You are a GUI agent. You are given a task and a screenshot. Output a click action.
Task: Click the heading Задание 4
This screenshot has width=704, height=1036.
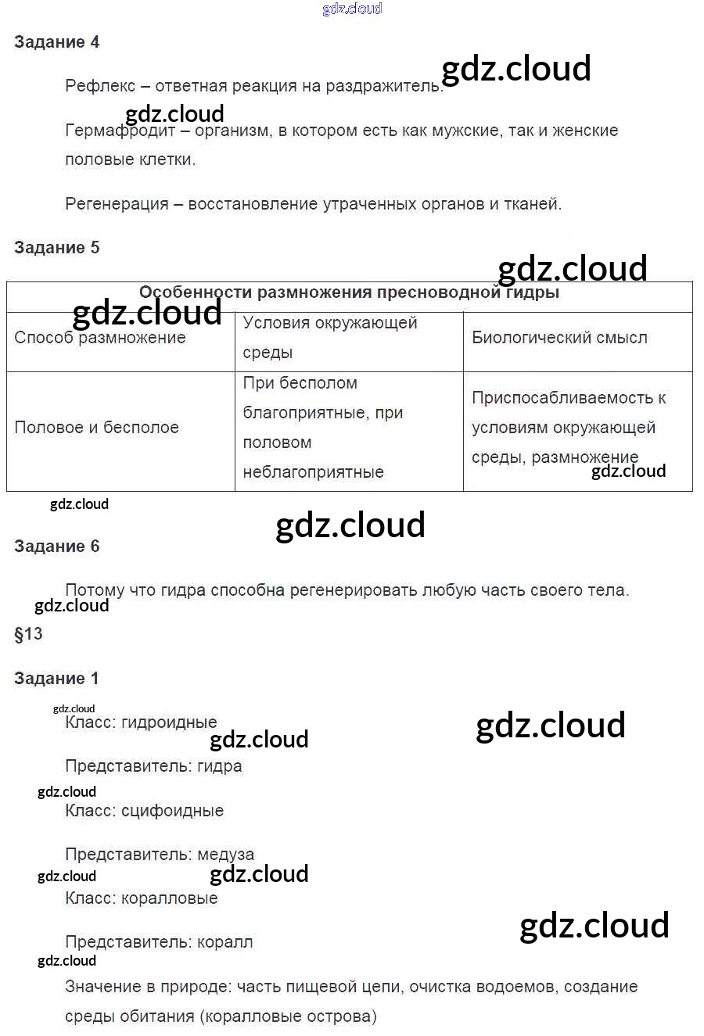[x=56, y=42]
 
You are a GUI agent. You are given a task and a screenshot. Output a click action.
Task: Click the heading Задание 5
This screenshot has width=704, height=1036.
[x=56, y=248]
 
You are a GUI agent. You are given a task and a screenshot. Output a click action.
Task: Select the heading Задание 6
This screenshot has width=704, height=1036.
[x=56, y=547]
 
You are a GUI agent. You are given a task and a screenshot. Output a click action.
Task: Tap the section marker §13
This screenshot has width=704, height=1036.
[x=29, y=634]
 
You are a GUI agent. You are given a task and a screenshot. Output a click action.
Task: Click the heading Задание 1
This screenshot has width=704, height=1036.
[x=56, y=679]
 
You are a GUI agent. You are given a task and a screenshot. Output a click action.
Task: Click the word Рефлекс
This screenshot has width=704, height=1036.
[x=100, y=86]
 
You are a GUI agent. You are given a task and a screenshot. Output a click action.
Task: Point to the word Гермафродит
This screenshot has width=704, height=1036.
[x=120, y=131]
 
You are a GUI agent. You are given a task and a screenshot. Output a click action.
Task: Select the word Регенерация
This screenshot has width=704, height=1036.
[x=117, y=204]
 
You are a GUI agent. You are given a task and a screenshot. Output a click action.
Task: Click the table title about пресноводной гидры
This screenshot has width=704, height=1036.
[x=349, y=293]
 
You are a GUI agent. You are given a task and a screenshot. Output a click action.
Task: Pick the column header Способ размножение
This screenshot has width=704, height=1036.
[x=100, y=338]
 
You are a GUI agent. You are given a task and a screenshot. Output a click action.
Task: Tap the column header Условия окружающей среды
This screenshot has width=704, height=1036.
[x=330, y=337]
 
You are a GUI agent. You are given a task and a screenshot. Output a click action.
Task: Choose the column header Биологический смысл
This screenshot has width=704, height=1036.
[x=559, y=338]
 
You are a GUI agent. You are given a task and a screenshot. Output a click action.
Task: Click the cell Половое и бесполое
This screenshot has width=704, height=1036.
[x=97, y=428]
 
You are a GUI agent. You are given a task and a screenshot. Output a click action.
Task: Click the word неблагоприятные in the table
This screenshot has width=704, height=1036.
[x=313, y=472]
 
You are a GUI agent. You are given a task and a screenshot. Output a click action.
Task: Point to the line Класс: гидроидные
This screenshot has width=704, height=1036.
[x=141, y=722]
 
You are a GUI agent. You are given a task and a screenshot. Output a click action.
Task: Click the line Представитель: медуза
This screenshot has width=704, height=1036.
[x=160, y=855]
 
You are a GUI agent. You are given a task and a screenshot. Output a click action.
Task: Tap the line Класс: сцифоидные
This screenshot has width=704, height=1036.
[x=145, y=811]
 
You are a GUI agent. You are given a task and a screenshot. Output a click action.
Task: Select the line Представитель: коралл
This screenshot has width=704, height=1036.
[x=159, y=942]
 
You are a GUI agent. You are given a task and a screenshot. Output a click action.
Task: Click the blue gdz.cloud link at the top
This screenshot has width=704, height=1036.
[x=352, y=9]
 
